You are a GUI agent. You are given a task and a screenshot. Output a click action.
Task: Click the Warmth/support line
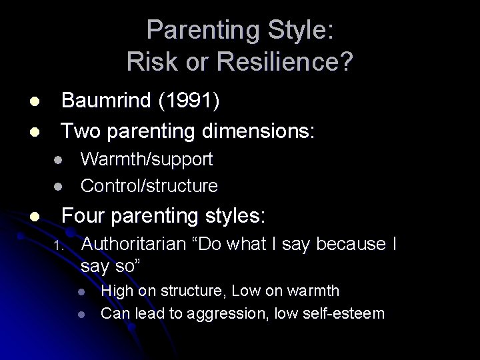[x=147, y=159]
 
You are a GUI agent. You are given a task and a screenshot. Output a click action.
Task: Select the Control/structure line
[x=149, y=185]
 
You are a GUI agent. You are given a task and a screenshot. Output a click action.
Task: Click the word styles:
[x=233, y=216]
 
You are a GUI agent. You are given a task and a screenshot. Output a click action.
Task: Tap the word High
[x=116, y=291]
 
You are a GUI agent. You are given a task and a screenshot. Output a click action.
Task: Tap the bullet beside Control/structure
[x=59, y=185]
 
